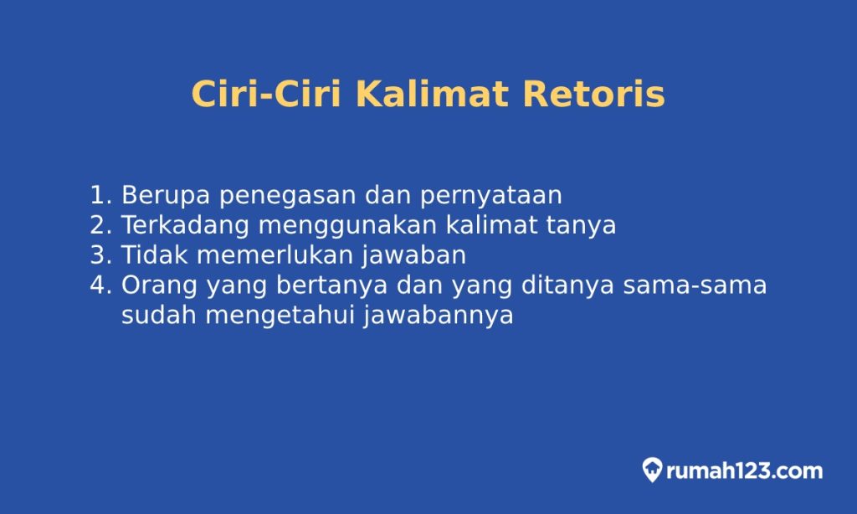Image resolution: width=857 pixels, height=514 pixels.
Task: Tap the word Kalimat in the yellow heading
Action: [x=431, y=94]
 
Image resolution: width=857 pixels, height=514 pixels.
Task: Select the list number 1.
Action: [x=100, y=195]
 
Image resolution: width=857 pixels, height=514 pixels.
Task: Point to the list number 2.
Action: [x=100, y=225]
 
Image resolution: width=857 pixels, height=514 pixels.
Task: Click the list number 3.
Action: [x=100, y=255]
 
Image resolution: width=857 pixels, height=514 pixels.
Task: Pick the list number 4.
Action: [x=100, y=285]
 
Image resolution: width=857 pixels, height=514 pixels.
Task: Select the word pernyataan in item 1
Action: [x=490, y=196]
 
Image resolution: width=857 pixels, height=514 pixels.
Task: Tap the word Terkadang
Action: [x=184, y=225]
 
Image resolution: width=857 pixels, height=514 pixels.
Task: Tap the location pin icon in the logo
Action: [x=653, y=470]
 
